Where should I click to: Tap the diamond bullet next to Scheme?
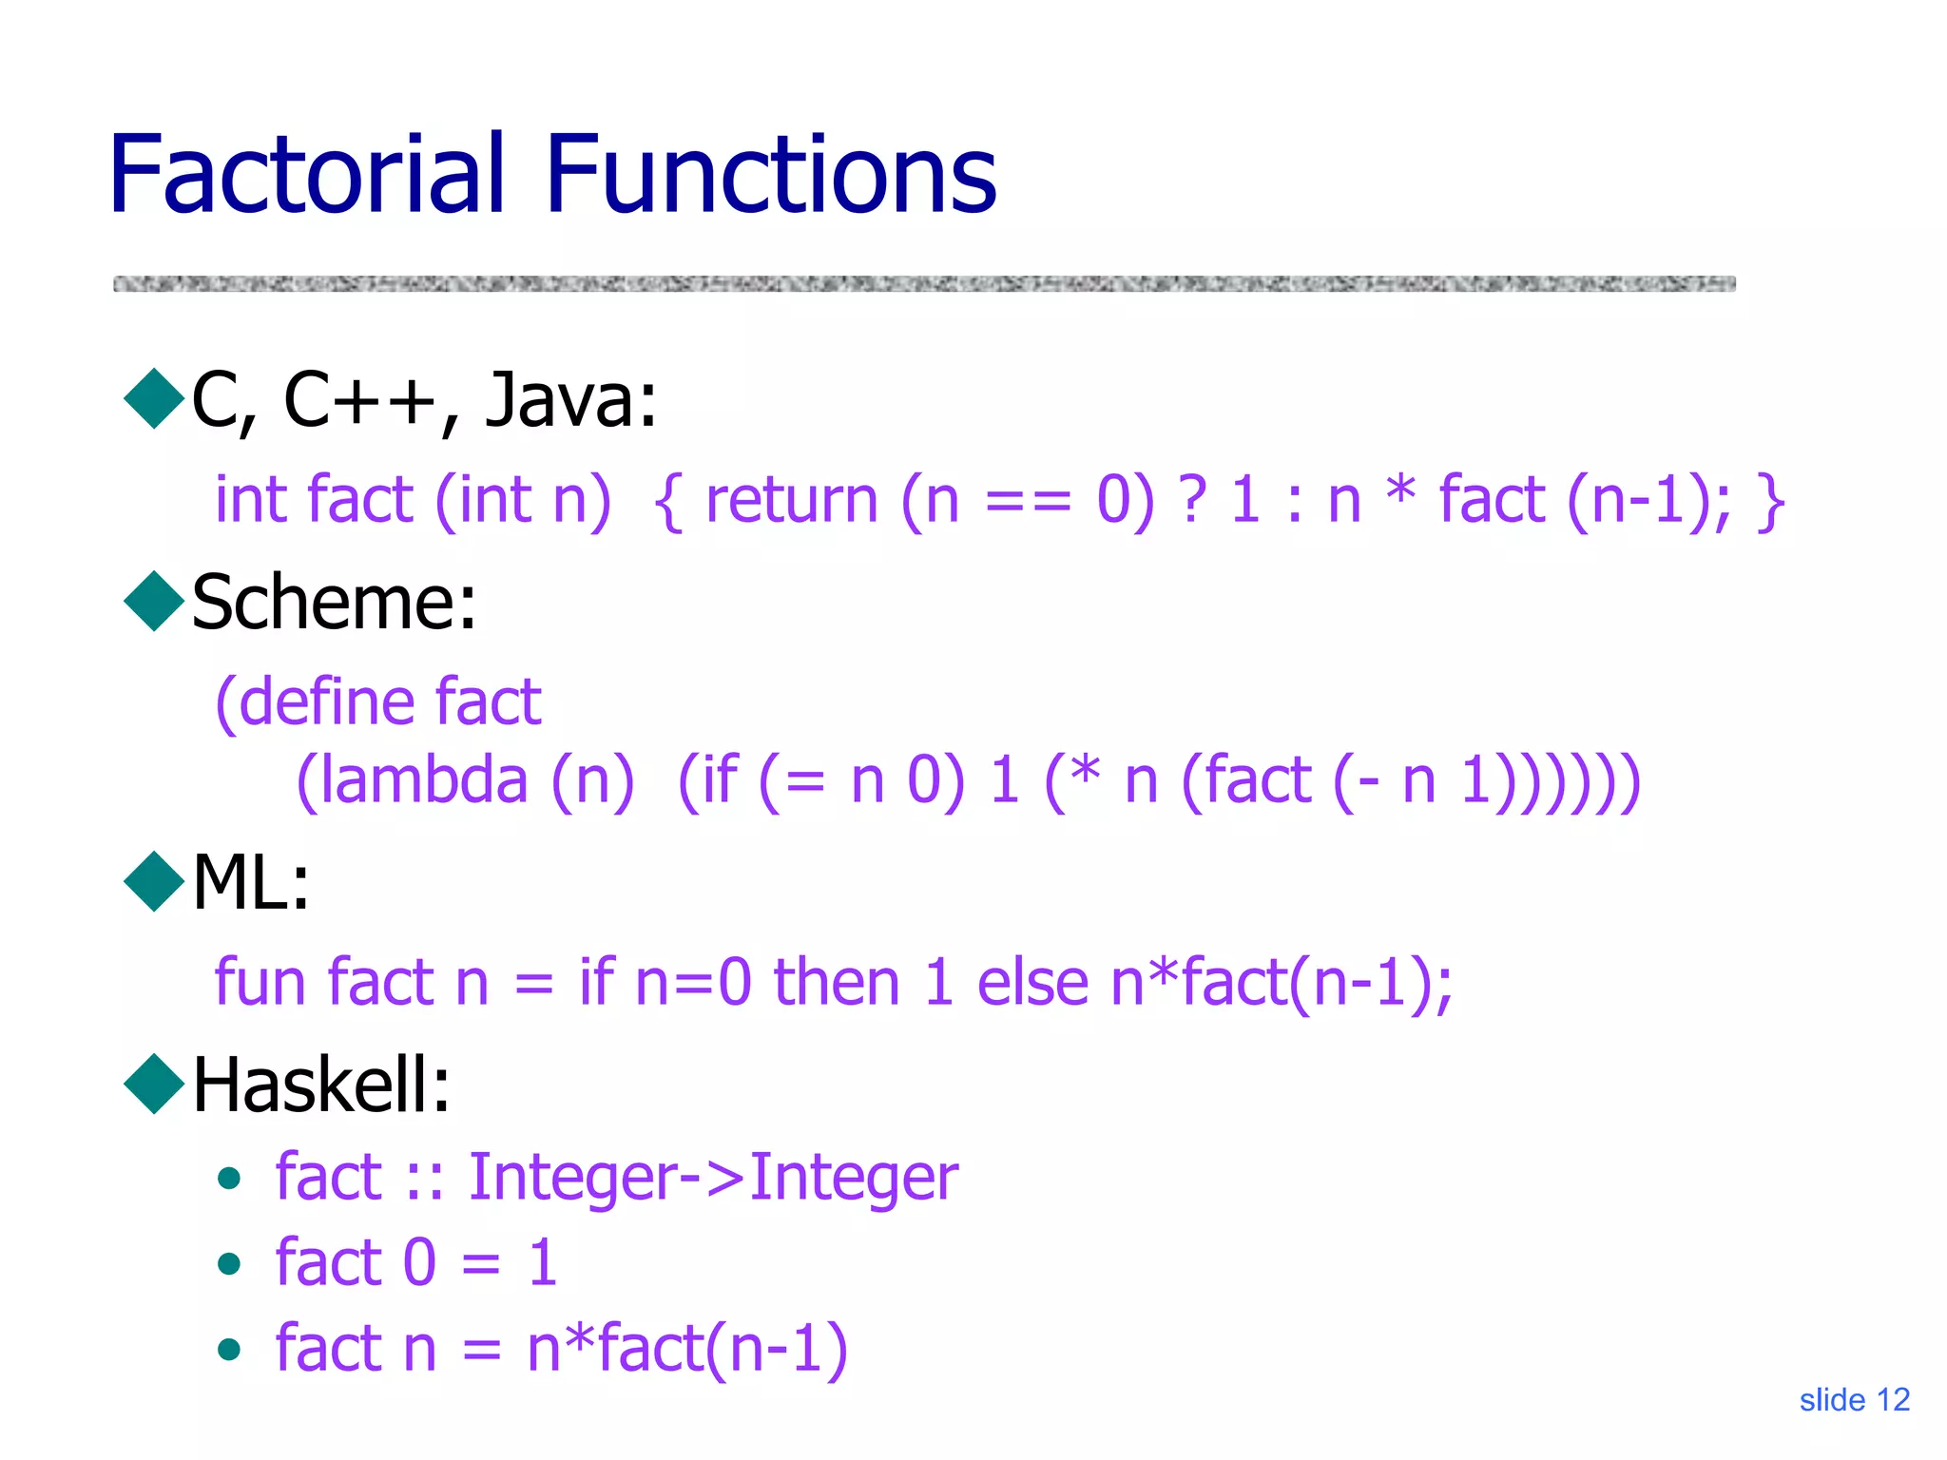click(x=154, y=601)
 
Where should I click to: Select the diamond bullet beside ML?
click(x=154, y=881)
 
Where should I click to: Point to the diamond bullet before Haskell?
click(x=154, y=1084)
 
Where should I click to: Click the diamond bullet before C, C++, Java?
click(x=154, y=398)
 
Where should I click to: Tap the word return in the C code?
click(x=791, y=500)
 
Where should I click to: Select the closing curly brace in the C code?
click(x=1770, y=501)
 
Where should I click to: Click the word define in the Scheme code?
click(x=325, y=701)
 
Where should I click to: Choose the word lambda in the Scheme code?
click(x=423, y=780)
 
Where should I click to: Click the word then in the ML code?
click(x=837, y=981)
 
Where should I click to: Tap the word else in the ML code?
click(x=1032, y=981)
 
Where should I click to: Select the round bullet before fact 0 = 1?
click(x=228, y=1263)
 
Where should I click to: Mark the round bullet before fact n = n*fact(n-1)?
click(x=228, y=1349)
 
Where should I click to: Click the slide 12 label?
click(x=1854, y=1399)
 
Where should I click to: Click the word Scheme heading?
click(x=333, y=603)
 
